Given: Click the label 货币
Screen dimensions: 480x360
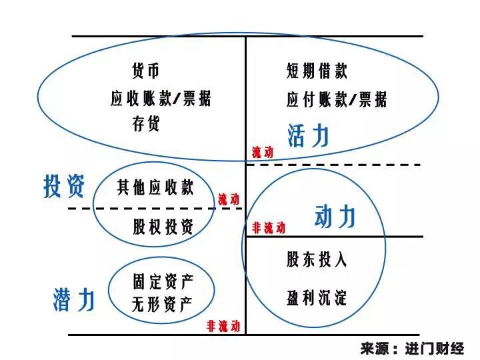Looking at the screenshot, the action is click(146, 71).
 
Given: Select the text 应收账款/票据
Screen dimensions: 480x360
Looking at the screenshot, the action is click(161, 99).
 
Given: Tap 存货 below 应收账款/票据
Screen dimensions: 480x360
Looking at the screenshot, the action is click(146, 125).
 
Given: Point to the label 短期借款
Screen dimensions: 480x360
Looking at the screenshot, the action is click(317, 71).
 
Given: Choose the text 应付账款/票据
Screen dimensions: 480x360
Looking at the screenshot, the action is click(337, 100).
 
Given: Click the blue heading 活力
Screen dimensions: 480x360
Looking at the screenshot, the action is click(308, 135).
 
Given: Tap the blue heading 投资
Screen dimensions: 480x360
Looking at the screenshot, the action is click(64, 186).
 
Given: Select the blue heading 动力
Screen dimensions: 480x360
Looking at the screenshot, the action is click(335, 217).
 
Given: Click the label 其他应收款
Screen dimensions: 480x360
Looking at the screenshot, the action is click(155, 187).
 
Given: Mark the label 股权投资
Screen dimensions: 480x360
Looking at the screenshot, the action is click(163, 227).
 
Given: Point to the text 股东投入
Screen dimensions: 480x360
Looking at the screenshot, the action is click(317, 259).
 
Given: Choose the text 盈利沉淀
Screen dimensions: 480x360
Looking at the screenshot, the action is click(317, 297).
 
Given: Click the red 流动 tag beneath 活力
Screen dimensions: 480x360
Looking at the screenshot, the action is click(263, 152).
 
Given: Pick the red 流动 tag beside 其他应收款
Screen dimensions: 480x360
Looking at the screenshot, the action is click(229, 199).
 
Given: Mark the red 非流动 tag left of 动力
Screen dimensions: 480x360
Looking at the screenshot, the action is click(269, 228).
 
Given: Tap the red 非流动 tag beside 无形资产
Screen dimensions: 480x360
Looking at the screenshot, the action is click(223, 326).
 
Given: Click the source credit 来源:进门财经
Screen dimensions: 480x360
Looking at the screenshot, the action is click(411, 349).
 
